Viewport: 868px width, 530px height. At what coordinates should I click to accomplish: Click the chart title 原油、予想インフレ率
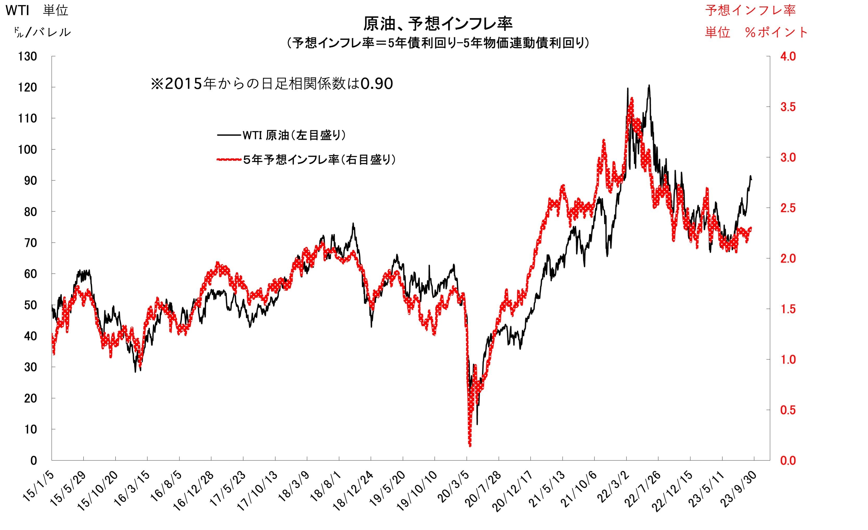pyautogui.click(x=438, y=24)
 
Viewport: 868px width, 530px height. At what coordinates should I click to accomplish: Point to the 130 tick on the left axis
pyautogui.click(x=27, y=56)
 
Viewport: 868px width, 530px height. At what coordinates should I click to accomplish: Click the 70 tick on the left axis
pyautogui.click(x=30, y=243)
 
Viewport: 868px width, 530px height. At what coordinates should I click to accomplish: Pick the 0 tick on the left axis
pyautogui.click(x=33, y=460)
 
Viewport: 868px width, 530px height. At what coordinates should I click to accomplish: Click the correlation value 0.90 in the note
pyautogui.click(x=377, y=84)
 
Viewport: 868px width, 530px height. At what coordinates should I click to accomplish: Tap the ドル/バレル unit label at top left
pyautogui.click(x=42, y=32)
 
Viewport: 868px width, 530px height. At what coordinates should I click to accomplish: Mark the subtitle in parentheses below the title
pyautogui.click(x=438, y=43)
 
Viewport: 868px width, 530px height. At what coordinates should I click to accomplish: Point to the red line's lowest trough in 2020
pyautogui.click(x=470, y=445)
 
